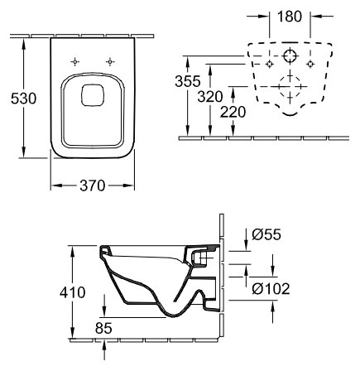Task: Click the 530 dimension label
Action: pyautogui.click(x=23, y=99)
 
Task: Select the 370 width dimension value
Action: pyautogui.click(x=93, y=185)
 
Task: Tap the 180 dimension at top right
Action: pyautogui.click(x=290, y=17)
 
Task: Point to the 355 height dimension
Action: pyautogui.click(x=188, y=81)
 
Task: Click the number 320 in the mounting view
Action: pyautogui.click(x=210, y=97)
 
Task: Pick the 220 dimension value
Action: pyautogui.click(x=233, y=112)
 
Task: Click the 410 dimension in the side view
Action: pyautogui.click(x=73, y=292)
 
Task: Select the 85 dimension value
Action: pyautogui.click(x=103, y=328)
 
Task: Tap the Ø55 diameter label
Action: pyautogui.click(x=266, y=234)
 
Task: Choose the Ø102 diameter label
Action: pyautogui.click(x=271, y=289)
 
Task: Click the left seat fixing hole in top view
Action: pyautogui.click(x=74, y=62)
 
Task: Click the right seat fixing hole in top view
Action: pyautogui.click(x=110, y=62)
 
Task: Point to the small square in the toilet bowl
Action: pyautogui.click(x=93, y=95)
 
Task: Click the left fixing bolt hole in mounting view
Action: pyautogui.click(x=269, y=64)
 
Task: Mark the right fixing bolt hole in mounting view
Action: pyautogui.click(x=310, y=64)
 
